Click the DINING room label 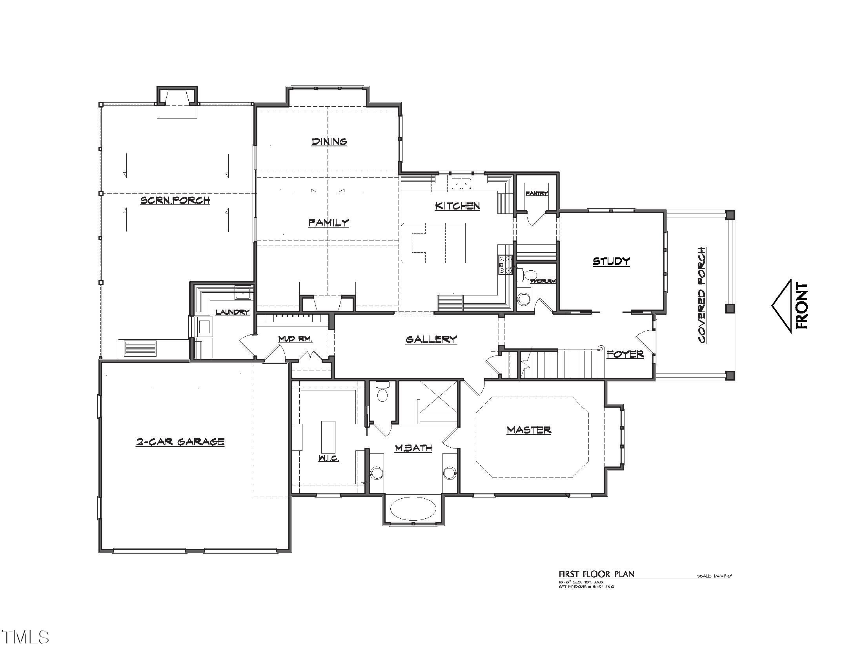pyautogui.click(x=329, y=142)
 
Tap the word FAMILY pyautogui.click(x=329, y=222)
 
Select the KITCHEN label pyautogui.click(x=457, y=206)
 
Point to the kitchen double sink pyautogui.click(x=462, y=183)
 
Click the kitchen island pyautogui.click(x=433, y=242)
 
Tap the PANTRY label pyautogui.click(x=537, y=193)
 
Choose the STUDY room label pyautogui.click(x=611, y=261)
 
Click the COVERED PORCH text pyautogui.click(x=702, y=295)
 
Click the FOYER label pyautogui.click(x=625, y=354)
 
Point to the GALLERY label pyautogui.click(x=431, y=339)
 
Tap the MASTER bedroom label pyautogui.click(x=529, y=430)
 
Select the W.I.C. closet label pyautogui.click(x=329, y=458)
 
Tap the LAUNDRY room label pyautogui.click(x=232, y=312)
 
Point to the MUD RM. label pyautogui.click(x=295, y=339)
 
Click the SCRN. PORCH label pyautogui.click(x=175, y=200)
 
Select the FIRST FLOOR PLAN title pyautogui.click(x=596, y=574)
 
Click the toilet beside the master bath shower pyautogui.click(x=382, y=393)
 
